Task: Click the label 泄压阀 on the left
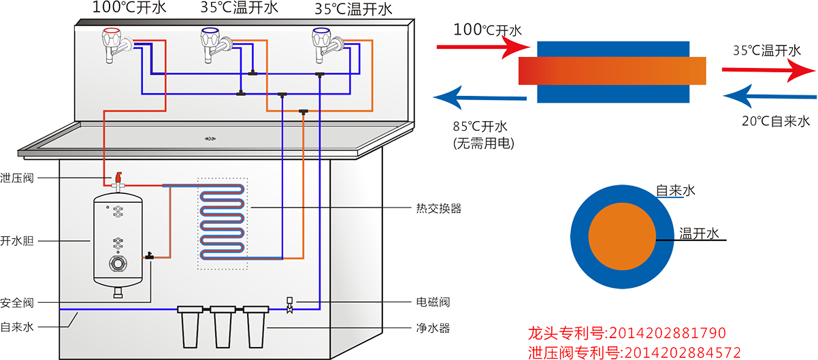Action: pos(17,178)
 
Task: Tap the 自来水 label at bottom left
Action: pos(17,327)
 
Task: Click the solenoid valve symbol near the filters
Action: pos(290,306)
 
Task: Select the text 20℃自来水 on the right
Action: pos(775,121)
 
